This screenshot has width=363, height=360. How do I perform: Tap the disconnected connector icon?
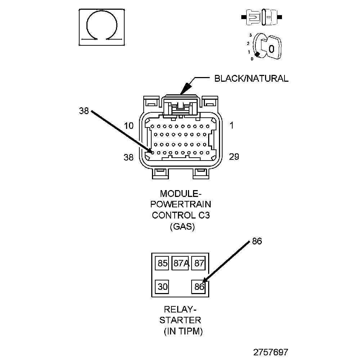coord(261,17)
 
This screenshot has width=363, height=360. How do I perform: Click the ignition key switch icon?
coord(266,47)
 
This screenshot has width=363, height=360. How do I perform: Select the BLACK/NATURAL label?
coord(251,78)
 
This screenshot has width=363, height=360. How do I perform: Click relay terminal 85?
coord(162,263)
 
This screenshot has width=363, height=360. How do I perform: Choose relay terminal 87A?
coord(180,263)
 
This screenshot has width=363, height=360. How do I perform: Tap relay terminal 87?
coord(199,263)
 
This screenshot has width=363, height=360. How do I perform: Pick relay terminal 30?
coord(162,287)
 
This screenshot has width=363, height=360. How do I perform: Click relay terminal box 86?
coord(199,287)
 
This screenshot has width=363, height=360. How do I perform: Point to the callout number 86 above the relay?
coord(257,241)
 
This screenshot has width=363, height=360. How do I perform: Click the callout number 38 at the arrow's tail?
coord(84,111)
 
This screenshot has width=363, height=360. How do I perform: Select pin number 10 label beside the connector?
coord(129,126)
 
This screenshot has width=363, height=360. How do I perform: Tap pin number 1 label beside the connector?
coord(232,125)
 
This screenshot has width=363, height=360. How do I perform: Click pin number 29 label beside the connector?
coord(234,157)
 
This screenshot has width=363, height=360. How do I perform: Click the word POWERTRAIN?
coord(180,204)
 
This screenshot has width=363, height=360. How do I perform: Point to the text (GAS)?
coord(182,226)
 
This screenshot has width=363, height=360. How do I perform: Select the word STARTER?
coord(180,320)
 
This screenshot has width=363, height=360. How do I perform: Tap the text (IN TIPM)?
coord(183,331)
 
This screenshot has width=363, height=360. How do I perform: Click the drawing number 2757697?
coord(271,352)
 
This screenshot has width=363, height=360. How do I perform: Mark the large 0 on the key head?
coord(271,49)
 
